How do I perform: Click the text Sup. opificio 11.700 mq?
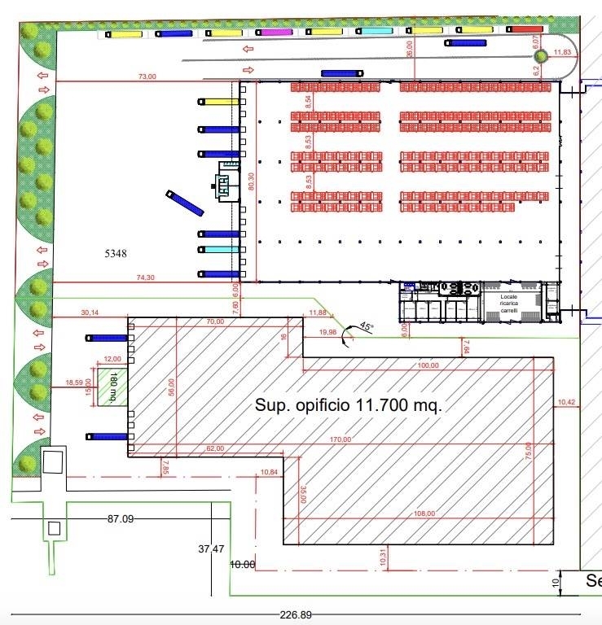point(349,405)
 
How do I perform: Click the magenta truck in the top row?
point(276,33)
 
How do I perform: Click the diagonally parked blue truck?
point(184,203)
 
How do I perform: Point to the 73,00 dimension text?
point(147,76)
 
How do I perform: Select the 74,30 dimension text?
point(146,278)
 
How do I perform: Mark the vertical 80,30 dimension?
point(252,183)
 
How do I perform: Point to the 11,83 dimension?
point(562,53)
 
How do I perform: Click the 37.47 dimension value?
point(211,549)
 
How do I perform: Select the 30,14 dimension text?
point(90,312)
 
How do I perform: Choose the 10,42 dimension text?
point(566,402)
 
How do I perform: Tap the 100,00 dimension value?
point(427,365)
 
